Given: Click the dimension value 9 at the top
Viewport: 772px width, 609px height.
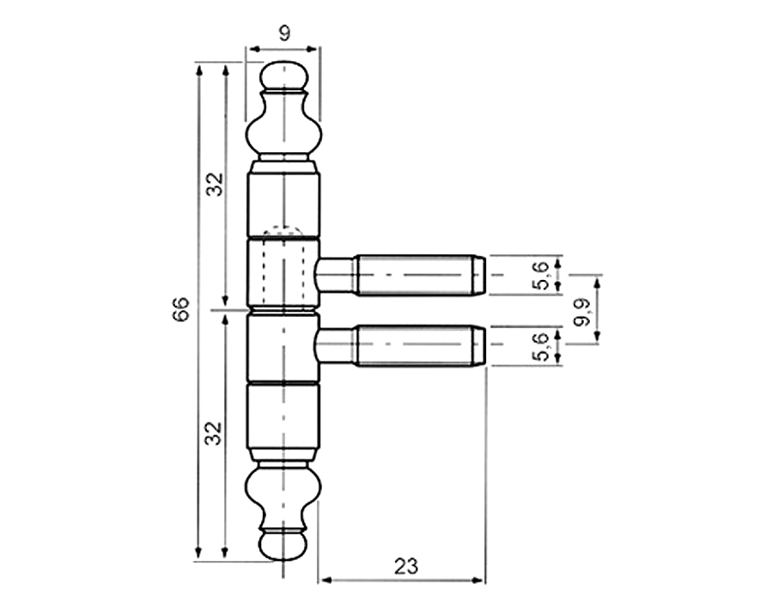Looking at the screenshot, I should click(x=283, y=33).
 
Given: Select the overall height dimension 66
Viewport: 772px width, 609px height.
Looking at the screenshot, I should click(x=180, y=310).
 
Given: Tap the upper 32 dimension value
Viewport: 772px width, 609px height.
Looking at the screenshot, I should click(x=215, y=183).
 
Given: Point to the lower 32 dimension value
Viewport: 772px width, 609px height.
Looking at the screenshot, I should click(x=215, y=432).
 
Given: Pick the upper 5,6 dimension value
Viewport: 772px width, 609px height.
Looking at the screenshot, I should click(x=539, y=276).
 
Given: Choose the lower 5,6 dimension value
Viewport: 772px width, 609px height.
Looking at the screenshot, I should click(x=539, y=346).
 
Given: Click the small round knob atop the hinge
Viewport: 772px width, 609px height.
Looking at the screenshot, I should click(x=283, y=76).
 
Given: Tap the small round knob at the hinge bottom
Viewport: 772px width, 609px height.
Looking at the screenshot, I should click(x=283, y=545).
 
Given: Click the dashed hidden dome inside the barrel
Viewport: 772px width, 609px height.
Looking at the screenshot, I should click(x=283, y=231).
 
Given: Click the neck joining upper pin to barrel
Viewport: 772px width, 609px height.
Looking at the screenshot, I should click(x=335, y=276).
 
